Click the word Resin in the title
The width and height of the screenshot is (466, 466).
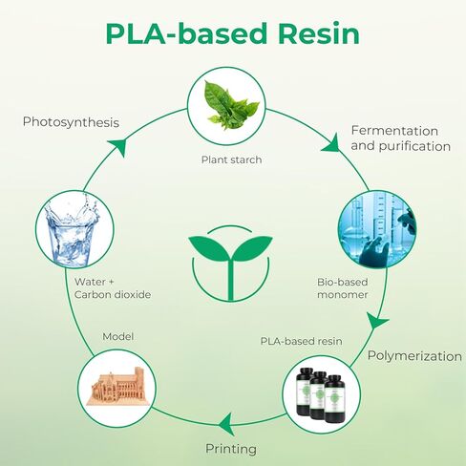(319, 33)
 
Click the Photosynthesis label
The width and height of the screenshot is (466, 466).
(71, 122)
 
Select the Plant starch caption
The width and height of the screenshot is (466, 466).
(231, 159)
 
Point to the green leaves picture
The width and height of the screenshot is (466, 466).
(232, 106)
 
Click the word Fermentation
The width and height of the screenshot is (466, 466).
(394, 131)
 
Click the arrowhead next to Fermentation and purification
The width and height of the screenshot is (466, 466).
(331, 144)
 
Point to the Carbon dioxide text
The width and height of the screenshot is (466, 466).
(113, 294)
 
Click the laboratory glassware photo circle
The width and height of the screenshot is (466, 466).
(377, 229)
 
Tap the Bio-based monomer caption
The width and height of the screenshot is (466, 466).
(343, 288)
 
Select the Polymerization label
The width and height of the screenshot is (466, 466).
(414, 356)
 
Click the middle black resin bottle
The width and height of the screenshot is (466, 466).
(319, 394)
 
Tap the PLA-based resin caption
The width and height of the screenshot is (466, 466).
(301, 341)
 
